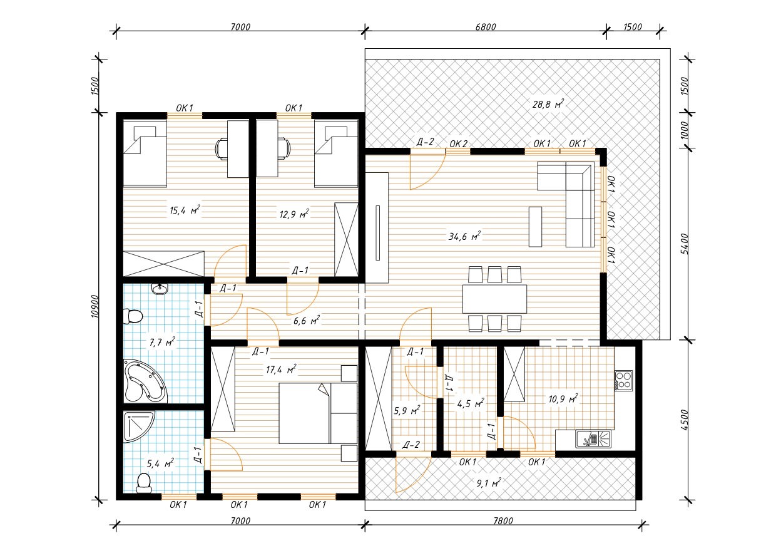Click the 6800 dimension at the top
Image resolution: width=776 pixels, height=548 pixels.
pos(486,27)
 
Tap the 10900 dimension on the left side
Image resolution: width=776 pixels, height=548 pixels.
pos(95,306)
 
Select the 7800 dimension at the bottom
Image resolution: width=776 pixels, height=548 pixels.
pos(503,521)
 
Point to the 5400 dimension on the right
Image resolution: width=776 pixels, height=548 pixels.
pos(685,244)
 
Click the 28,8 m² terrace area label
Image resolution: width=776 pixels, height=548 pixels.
pos(548,104)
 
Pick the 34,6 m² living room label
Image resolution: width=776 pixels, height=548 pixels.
pos(464,236)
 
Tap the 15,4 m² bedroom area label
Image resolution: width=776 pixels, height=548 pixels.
pos(185,210)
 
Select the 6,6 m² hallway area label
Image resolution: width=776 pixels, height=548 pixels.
pos(306,321)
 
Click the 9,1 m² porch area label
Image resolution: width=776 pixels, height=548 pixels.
pos(489,482)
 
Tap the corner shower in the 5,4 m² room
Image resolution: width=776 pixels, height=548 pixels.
pos(137,427)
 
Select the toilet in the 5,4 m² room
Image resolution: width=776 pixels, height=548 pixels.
pos(143,483)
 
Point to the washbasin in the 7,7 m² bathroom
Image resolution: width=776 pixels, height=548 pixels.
pos(160,288)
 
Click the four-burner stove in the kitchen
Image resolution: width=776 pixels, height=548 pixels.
pos(623,381)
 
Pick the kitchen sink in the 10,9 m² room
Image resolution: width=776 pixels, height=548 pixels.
pos(593,439)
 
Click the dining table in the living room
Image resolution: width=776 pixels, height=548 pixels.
pos(494,299)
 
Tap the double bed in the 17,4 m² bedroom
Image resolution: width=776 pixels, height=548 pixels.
pos(318,413)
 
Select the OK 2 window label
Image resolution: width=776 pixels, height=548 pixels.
pos(458,143)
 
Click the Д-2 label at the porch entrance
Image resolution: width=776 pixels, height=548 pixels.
pos(411,445)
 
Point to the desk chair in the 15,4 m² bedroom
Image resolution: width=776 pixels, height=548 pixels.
pos(222,149)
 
